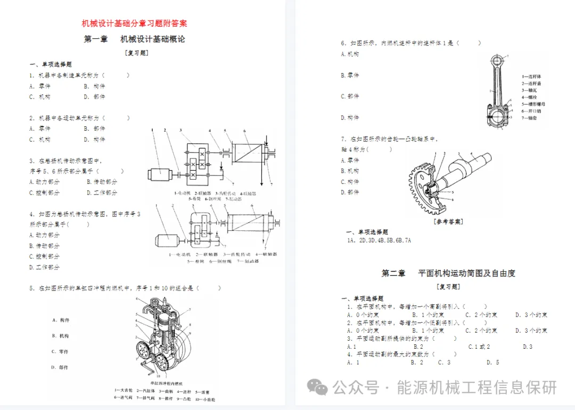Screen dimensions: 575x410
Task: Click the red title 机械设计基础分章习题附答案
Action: point(134,23)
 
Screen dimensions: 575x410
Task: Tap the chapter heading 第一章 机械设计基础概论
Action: point(134,39)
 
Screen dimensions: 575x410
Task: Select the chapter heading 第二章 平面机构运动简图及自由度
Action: point(448,273)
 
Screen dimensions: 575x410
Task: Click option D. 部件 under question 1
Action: point(94,97)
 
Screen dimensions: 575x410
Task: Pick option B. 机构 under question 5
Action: point(60,336)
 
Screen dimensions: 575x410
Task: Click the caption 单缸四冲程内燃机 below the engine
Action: point(167,383)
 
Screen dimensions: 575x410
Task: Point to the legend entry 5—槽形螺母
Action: point(533,104)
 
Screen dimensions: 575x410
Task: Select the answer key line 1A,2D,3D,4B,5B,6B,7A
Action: point(379,240)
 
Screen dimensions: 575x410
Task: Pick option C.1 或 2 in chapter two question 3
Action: point(479,347)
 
